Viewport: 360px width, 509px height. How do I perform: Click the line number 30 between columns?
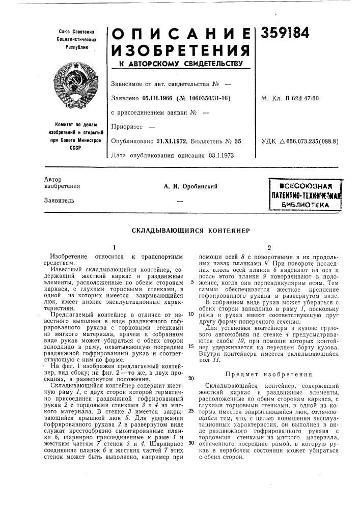pos(190,443)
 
